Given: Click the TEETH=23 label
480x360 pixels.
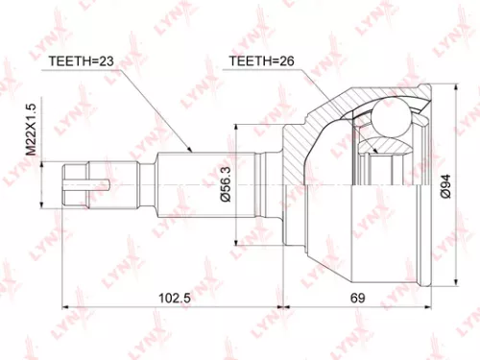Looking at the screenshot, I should (80, 62).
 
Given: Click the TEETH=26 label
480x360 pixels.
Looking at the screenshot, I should (258, 62).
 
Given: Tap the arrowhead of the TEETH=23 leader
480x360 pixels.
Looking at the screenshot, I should (193, 150).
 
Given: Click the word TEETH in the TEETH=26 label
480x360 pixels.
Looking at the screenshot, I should (247, 62).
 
